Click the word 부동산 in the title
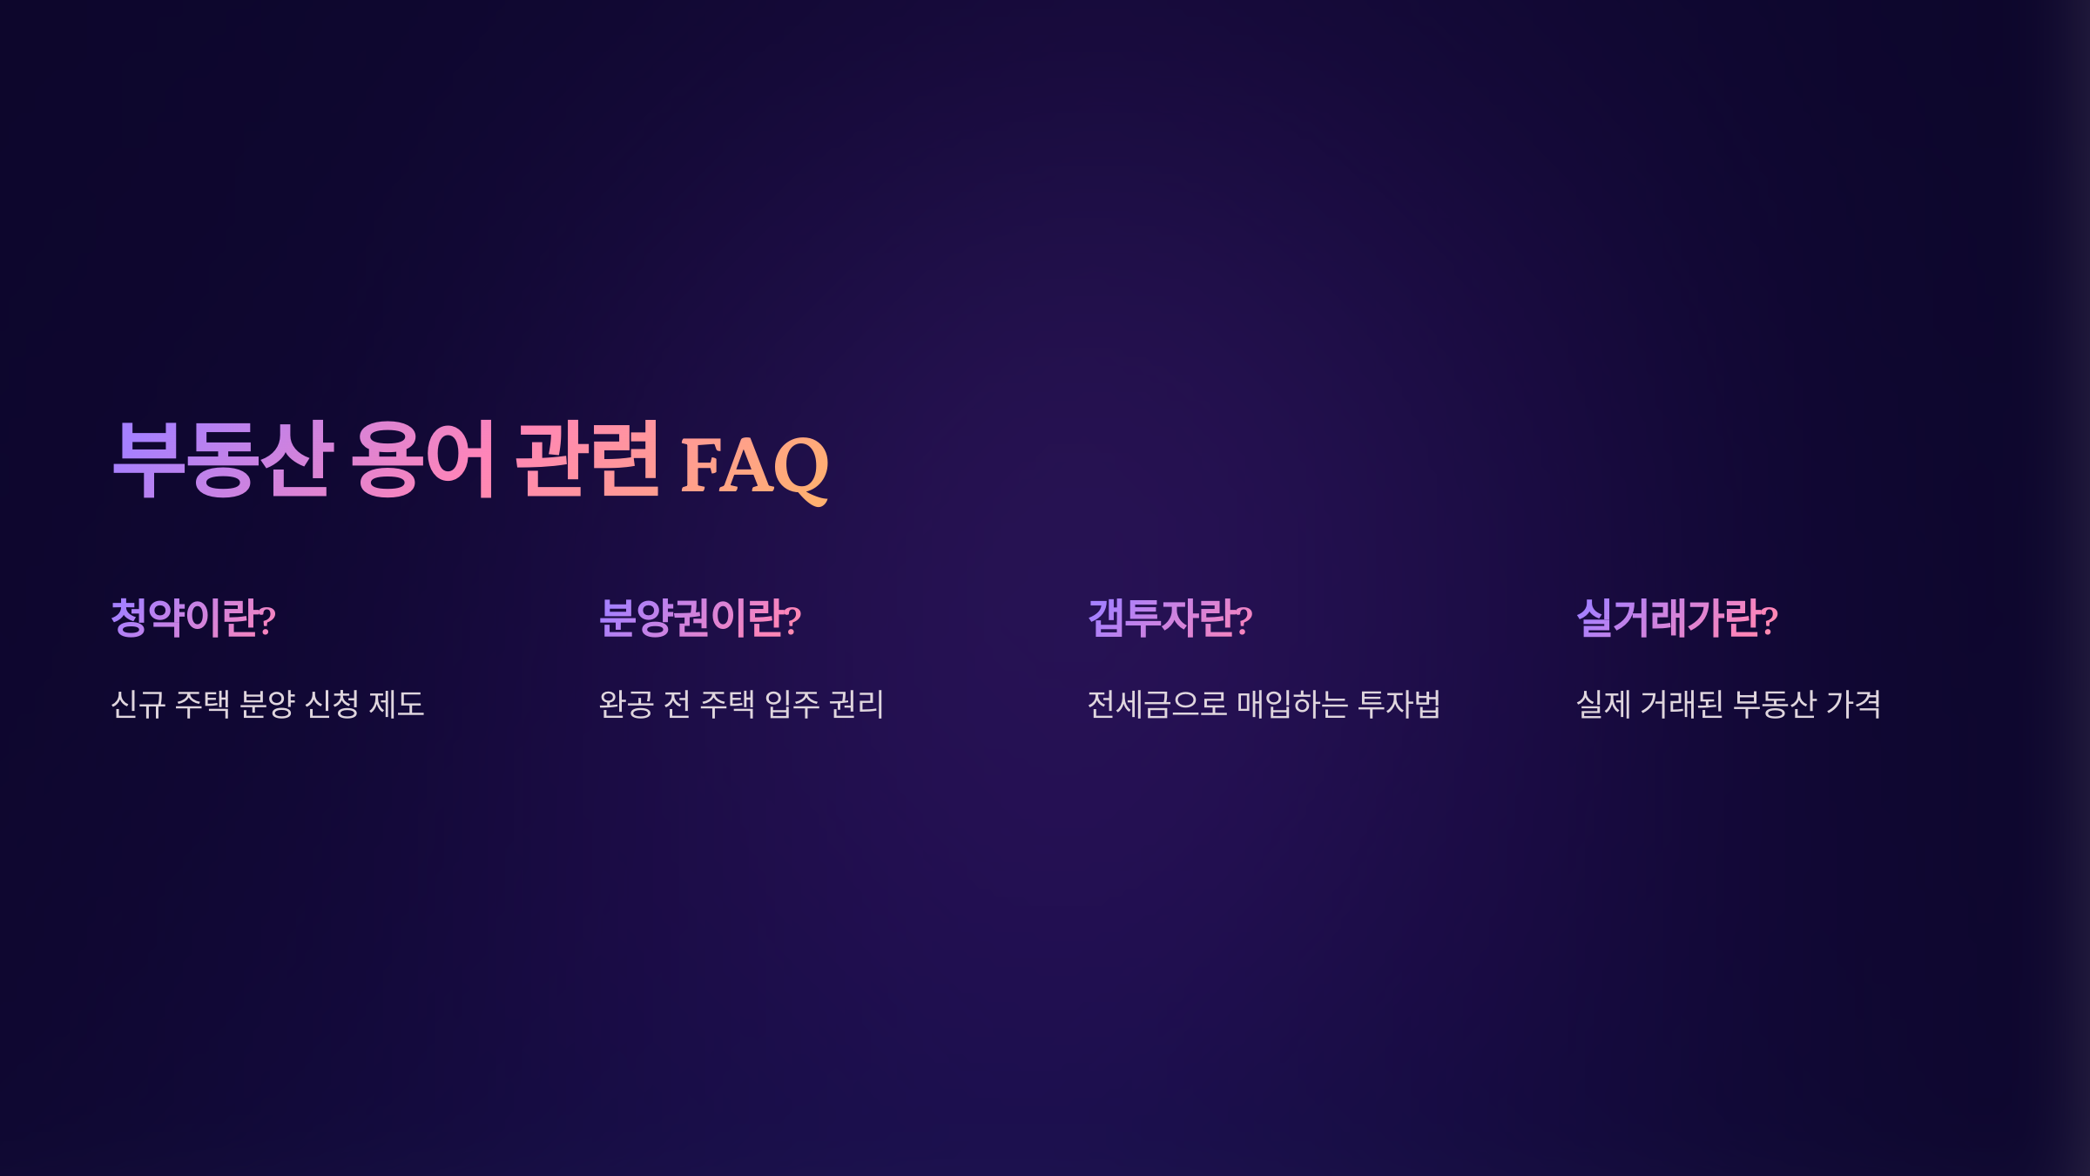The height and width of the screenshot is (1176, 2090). (223, 459)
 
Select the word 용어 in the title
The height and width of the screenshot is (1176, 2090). (423, 459)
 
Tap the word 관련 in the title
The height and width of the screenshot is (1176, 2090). (587, 459)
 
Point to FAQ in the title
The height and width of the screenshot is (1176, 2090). (754, 466)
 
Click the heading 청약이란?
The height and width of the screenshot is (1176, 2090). (193, 618)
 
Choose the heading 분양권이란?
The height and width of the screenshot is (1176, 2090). (700, 618)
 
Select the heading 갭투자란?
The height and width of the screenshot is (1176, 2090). (1170, 618)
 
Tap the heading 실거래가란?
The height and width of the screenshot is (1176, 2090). (1677, 618)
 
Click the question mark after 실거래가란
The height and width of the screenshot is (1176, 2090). (1770, 620)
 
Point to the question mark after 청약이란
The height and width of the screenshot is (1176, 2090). (268, 620)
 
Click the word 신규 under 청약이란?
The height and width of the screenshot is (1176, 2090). (138, 704)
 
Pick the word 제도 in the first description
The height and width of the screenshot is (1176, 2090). (397, 704)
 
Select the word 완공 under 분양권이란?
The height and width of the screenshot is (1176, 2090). (626, 704)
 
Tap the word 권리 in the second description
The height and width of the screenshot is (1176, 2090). (857, 704)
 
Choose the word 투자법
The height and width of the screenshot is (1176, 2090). (1399, 704)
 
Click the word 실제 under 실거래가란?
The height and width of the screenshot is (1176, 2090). (1603, 704)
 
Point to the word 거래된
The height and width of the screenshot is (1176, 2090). (1682, 704)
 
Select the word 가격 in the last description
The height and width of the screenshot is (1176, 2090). (1854, 704)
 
